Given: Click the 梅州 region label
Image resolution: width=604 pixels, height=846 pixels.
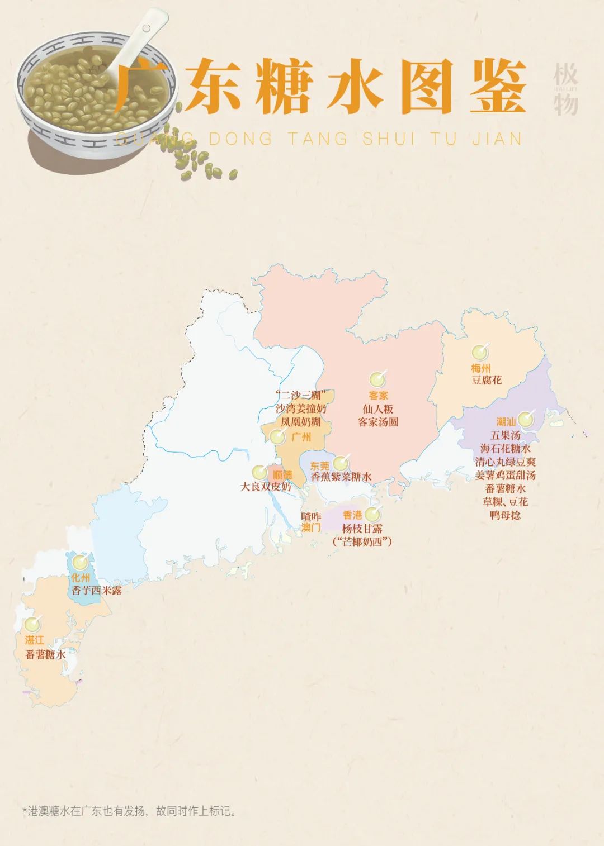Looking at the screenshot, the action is [x=480, y=368].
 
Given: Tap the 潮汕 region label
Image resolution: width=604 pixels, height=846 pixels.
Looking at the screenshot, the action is [x=506, y=422].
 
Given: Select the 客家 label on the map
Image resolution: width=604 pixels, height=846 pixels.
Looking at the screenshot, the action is [x=378, y=396].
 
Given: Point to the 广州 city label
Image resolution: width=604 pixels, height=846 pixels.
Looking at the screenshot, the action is [x=301, y=436].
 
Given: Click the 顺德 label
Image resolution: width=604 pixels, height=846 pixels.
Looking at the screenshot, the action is [x=282, y=475].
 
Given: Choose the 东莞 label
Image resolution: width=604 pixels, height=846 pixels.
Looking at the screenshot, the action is [x=320, y=465].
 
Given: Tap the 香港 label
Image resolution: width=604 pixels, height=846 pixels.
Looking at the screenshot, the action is [x=352, y=515].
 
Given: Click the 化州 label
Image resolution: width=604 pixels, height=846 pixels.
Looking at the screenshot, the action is [x=81, y=578].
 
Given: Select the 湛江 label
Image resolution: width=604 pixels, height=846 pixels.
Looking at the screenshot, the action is [x=34, y=640].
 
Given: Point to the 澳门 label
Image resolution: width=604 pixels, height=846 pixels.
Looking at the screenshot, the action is [x=311, y=527].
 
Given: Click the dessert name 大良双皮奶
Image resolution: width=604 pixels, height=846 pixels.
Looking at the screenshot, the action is [x=266, y=487].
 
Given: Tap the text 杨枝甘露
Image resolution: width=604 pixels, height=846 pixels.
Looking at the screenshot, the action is [x=362, y=528].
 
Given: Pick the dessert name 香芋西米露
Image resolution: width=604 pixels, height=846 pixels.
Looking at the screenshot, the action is [x=96, y=590].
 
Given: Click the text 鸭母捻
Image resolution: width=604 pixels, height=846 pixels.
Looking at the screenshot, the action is [x=505, y=515].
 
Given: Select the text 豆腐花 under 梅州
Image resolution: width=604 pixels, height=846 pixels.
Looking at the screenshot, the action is [x=487, y=381].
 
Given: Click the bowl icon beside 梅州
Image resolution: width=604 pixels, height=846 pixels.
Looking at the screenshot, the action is [x=479, y=352].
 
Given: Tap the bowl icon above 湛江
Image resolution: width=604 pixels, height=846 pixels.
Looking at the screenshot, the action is [x=32, y=624].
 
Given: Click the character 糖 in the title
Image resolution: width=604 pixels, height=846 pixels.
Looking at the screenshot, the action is [x=283, y=87].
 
